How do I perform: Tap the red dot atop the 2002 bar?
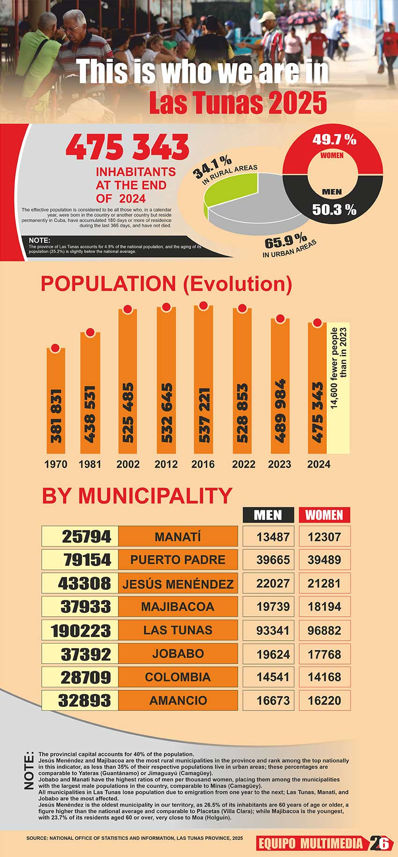pos(127,309)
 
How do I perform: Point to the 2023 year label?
pos(280,464)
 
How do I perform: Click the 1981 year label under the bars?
pos(90,464)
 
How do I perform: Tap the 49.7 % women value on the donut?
pos(334,140)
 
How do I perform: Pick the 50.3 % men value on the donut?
pos(334,209)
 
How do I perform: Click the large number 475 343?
pos(127,148)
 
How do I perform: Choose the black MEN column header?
pos(268,515)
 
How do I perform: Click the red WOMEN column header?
pos(324,515)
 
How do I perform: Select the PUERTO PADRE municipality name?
pos(178,560)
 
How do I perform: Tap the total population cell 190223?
pos(80,630)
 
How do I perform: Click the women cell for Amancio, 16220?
pos(324,701)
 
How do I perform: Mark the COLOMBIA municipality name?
pos(178,677)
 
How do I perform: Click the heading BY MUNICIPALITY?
pos(137,495)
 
